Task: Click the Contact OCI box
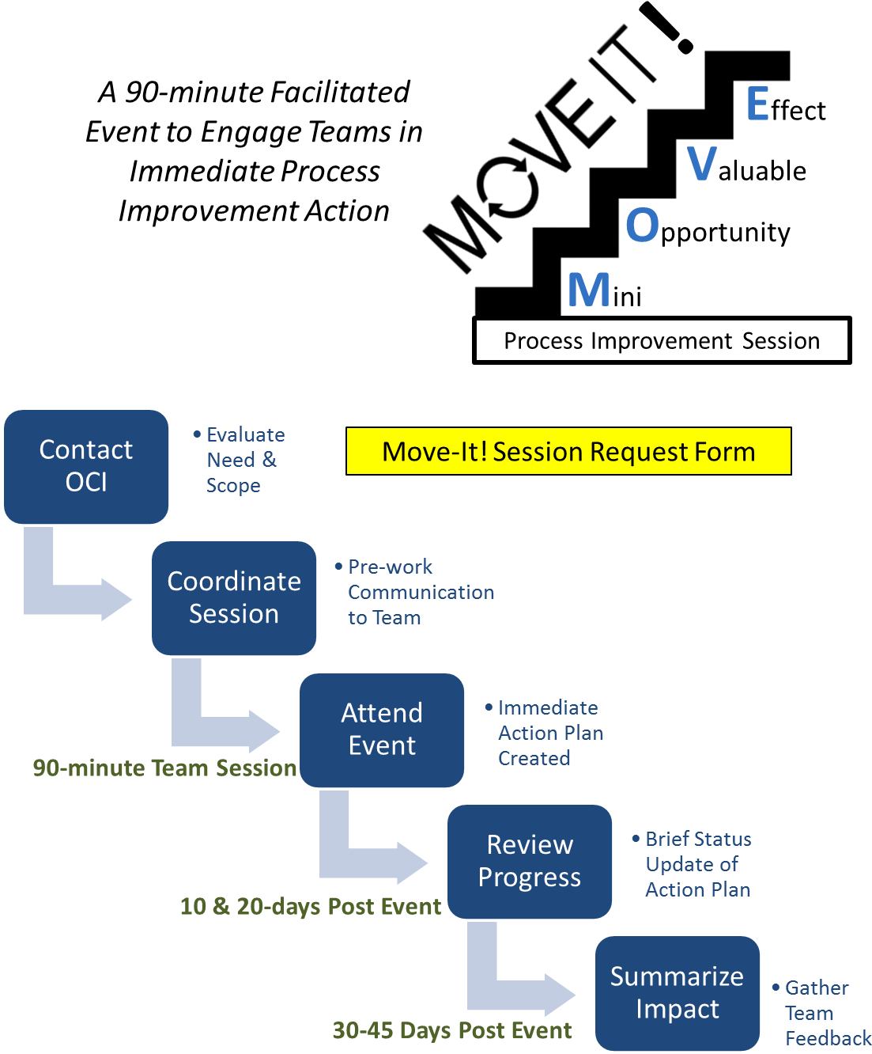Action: tap(86, 466)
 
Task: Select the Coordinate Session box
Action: tap(234, 597)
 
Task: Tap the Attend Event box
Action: tap(382, 730)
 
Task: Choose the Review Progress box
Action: tap(530, 861)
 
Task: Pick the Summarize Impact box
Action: tap(677, 993)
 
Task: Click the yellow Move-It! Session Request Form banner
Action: tap(568, 451)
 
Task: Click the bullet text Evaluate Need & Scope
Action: tap(240, 460)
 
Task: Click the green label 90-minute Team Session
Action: tap(164, 768)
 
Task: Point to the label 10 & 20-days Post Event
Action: tap(310, 906)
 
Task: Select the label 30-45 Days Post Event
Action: tap(451, 1030)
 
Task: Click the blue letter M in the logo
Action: tap(589, 290)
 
